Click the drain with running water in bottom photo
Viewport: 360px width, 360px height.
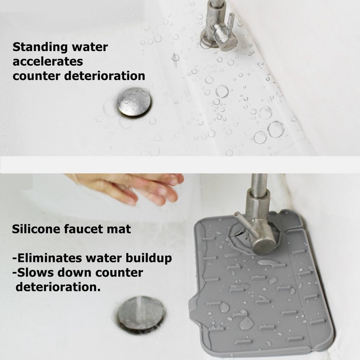(x=141, y=313)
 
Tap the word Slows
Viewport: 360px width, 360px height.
(x=32, y=273)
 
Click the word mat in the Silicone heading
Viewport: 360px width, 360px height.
(x=121, y=229)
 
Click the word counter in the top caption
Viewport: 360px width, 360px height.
(x=36, y=76)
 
